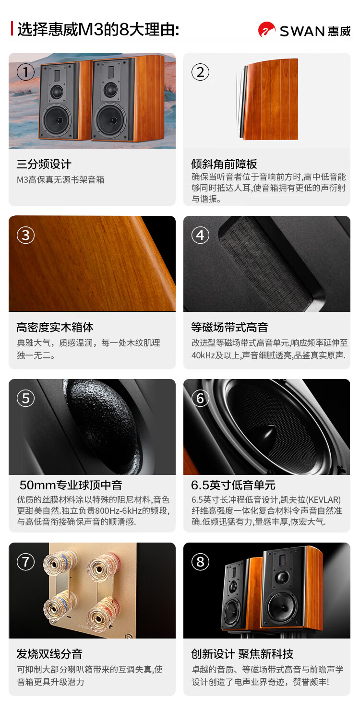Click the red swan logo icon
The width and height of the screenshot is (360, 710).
pos(267,29)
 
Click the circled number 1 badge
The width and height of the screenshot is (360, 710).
pos(26,72)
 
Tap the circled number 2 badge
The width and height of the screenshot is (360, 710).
pos(201,72)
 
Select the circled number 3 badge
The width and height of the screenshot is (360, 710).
pos(26,235)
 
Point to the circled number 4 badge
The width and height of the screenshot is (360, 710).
pos(201,235)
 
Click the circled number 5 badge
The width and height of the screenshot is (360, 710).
pos(26,398)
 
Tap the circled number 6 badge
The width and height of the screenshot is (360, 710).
pos(201,398)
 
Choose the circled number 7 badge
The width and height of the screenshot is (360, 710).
pos(26,562)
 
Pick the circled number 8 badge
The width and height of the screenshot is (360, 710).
pos(201,562)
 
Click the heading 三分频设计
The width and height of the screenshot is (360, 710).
pos(44,164)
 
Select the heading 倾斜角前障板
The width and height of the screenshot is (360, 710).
pos(224,164)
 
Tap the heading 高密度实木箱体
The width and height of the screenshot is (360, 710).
pos(55,327)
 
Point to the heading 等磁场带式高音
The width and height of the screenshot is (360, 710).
pos(229,327)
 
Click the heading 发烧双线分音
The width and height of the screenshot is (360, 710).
pos(49,653)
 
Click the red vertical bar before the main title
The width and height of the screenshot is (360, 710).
pos(12,28)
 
